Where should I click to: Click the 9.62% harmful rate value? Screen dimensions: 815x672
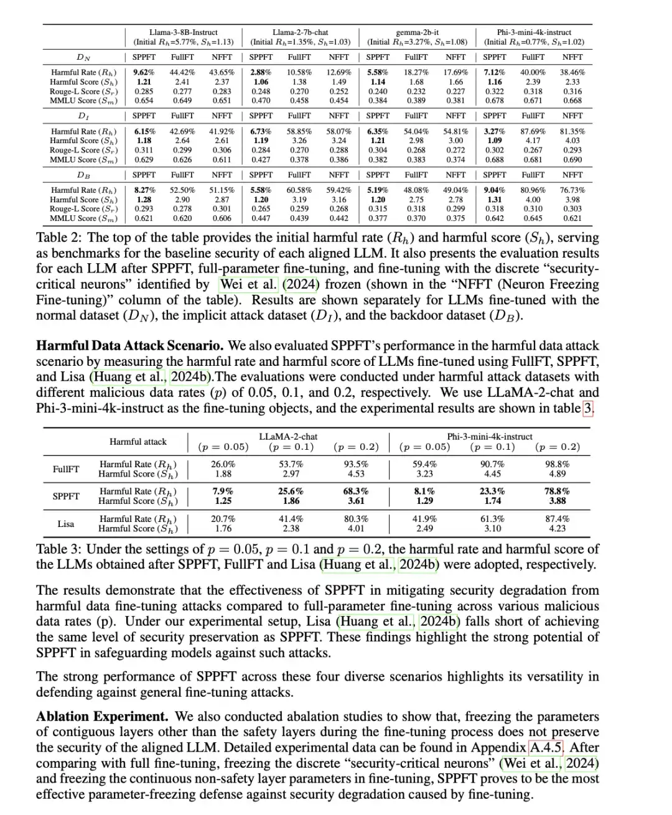click(144, 72)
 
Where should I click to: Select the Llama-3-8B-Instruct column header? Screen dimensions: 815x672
click(184, 32)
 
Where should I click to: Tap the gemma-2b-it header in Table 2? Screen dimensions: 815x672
click(417, 32)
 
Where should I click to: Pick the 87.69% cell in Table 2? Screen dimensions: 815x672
click(533, 131)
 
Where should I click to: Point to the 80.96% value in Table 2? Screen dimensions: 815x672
click(533, 190)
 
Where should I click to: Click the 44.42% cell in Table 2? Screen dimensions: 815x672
click(182, 72)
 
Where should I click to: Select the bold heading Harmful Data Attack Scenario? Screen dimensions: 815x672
click(131, 346)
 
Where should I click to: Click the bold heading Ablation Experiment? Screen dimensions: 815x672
click(102, 717)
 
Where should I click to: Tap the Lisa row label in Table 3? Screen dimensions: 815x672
click(66, 524)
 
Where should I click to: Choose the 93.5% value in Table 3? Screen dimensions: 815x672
click(356, 464)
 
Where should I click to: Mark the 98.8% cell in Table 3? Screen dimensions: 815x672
click(557, 464)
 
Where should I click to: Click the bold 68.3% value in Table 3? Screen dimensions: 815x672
click(356, 491)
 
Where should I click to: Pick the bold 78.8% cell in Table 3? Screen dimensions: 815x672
click(557, 491)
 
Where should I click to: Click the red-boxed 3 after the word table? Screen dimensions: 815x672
click(588, 409)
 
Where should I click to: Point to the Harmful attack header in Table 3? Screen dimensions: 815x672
click(138, 442)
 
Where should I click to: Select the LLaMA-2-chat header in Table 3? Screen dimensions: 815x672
click(288, 437)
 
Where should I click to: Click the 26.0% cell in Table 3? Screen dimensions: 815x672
click(223, 464)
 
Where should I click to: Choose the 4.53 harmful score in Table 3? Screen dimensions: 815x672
click(356, 474)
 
